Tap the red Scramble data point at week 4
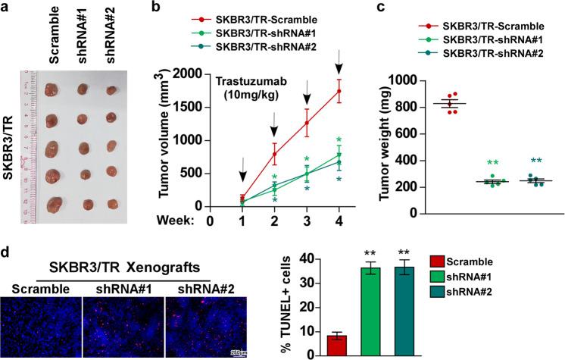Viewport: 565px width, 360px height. point(339,92)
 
